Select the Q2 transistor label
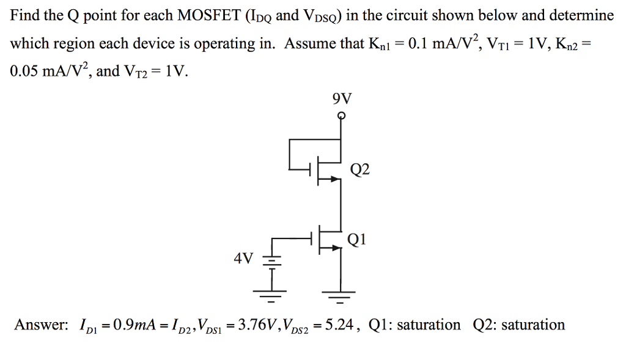tap(360, 169)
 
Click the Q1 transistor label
tap(356, 239)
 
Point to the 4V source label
tap(243, 259)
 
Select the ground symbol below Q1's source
tap(341, 297)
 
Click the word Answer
tap(40, 325)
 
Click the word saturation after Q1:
tap(429, 325)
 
